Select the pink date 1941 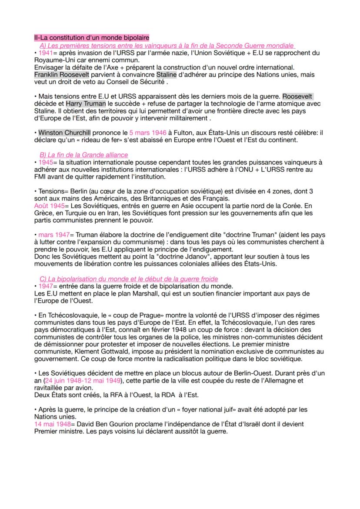pos(45,53)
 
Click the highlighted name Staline pos(167,75)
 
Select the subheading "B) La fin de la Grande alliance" pos(83,155)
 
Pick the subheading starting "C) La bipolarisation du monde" pos(129,279)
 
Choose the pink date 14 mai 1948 pos(50,423)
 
